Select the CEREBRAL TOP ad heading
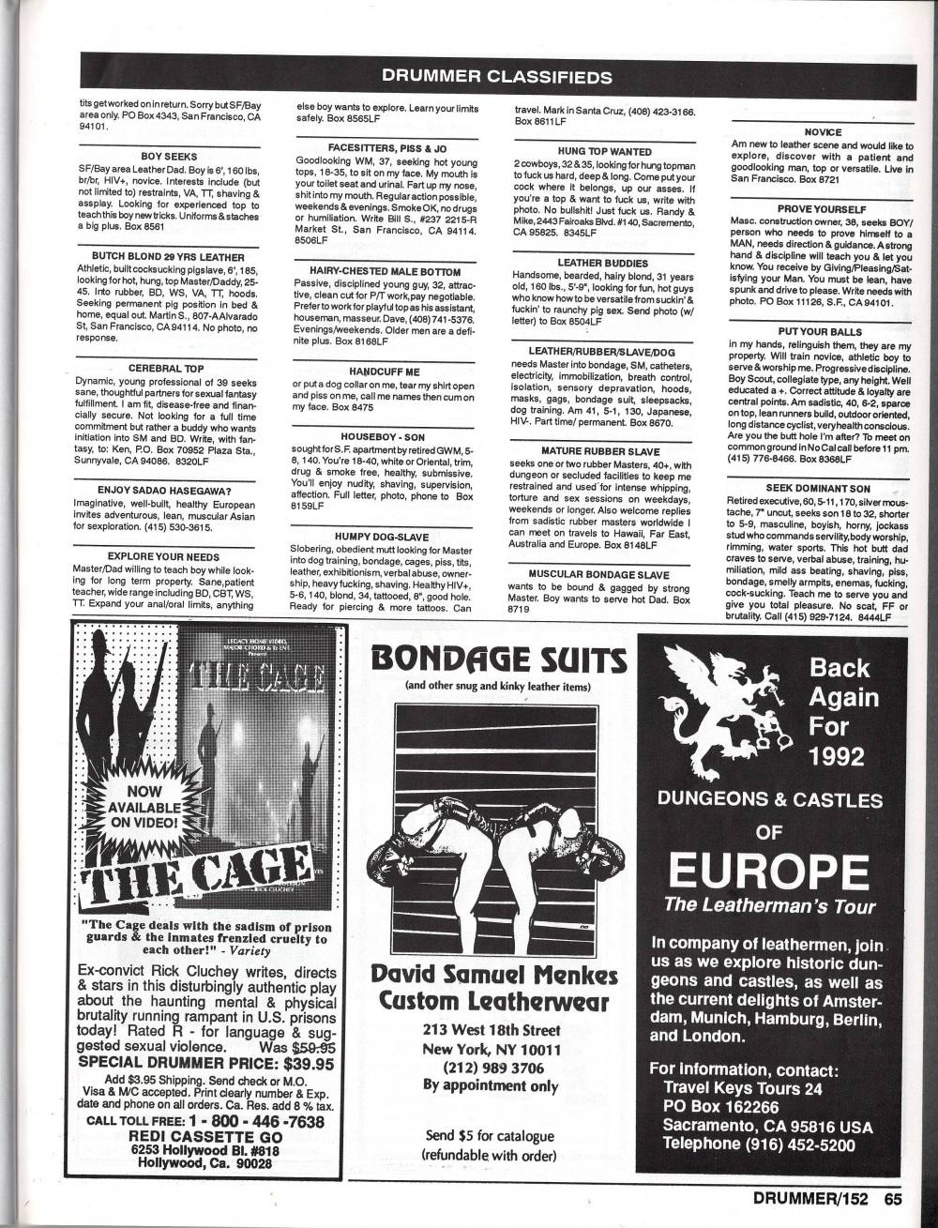point(168,369)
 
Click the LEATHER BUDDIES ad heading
point(603,263)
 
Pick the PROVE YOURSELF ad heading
point(822,208)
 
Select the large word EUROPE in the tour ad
point(769,872)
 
